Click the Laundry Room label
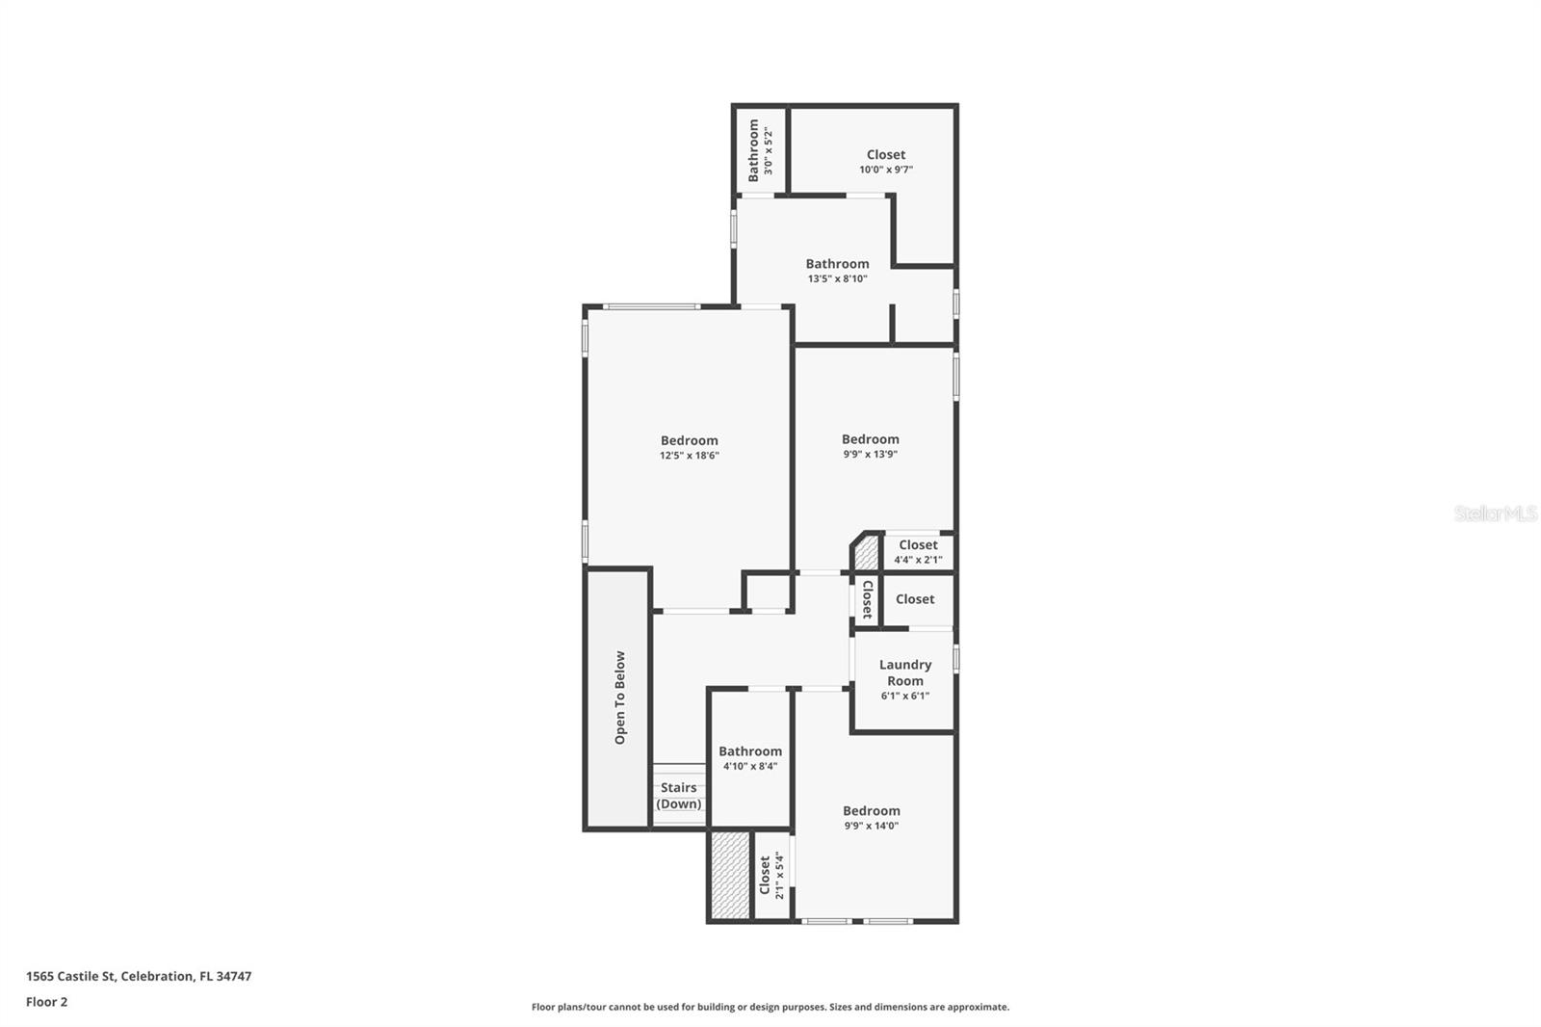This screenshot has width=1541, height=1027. click(x=904, y=672)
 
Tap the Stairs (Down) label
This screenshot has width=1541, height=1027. click(x=679, y=796)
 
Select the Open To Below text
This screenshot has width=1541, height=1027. click(x=620, y=698)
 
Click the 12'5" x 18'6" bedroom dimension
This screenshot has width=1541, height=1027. click(x=689, y=456)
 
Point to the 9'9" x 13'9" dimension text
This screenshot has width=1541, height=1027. click(x=870, y=454)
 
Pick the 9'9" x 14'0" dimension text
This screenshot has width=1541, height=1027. click(x=871, y=826)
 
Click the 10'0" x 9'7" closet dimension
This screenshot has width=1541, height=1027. click(x=886, y=170)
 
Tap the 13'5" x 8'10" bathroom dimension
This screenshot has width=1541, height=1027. click(x=837, y=279)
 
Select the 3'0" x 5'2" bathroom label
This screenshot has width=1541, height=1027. click(x=761, y=151)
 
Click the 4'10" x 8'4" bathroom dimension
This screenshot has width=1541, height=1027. click(x=749, y=767)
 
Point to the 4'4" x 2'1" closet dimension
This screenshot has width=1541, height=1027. click(x=918, y=560)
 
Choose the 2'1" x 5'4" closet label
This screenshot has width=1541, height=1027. click(x=772, y=876)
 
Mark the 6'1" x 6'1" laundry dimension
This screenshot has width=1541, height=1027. click(x=904, y=696)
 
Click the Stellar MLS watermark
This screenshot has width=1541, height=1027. click(x=1495, y=514)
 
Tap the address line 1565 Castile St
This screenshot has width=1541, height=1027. click(x=139, y=976)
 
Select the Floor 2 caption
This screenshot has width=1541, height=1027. click(x=46, y=1002)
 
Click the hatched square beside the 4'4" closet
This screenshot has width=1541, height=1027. click(x=867, y=553)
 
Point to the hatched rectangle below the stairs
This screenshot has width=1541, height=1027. click(x=729, y=875)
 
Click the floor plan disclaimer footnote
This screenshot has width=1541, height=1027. click(x=770, y=1007)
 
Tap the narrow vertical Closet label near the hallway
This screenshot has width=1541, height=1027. click(x=867, y=599)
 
